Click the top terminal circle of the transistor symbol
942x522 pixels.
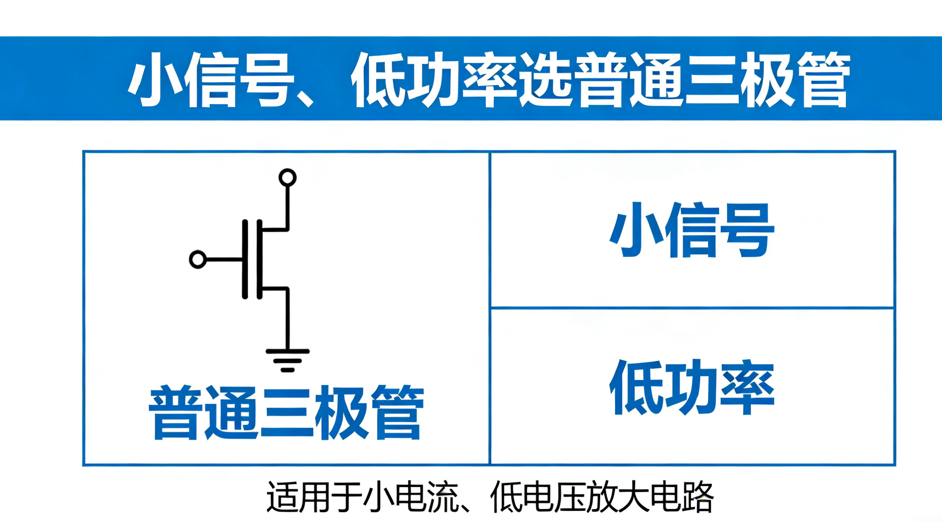click(287, 177)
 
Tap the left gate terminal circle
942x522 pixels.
click(198, 259)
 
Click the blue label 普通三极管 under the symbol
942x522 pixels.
click(287, 413)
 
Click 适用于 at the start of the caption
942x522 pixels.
click(314, 497)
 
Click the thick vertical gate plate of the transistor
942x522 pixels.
click(245, 259)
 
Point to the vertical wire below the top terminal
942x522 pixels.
click(287, 206)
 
